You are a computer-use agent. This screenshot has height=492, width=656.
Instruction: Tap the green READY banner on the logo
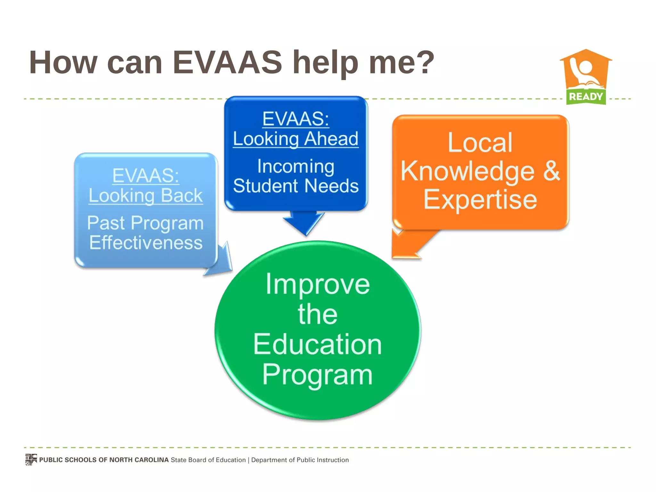tap(586, 96)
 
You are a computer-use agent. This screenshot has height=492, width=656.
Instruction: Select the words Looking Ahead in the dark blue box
tap(295, 139)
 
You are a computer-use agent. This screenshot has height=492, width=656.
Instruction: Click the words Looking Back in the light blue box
tap(146, 196)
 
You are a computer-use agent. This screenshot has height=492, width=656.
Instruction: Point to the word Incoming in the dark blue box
tap(296, 167)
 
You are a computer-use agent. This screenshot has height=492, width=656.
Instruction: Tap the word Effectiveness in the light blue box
tap(146, 242)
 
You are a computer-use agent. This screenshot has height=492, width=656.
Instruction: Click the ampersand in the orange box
tap(551, 171)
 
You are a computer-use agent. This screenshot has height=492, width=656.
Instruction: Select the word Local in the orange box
tap(480, 143)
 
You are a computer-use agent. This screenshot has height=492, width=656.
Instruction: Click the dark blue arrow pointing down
tap(304, 222)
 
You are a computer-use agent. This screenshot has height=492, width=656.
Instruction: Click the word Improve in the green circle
tap(317, 284)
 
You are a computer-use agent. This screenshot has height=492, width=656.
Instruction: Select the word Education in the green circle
tap(317, 344)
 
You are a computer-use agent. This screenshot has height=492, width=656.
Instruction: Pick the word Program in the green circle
tap(317, 375)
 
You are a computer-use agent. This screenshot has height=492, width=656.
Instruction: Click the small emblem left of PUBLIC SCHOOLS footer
tap(31, 460)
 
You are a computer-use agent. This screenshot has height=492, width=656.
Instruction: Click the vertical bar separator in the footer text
tap(248, 460)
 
